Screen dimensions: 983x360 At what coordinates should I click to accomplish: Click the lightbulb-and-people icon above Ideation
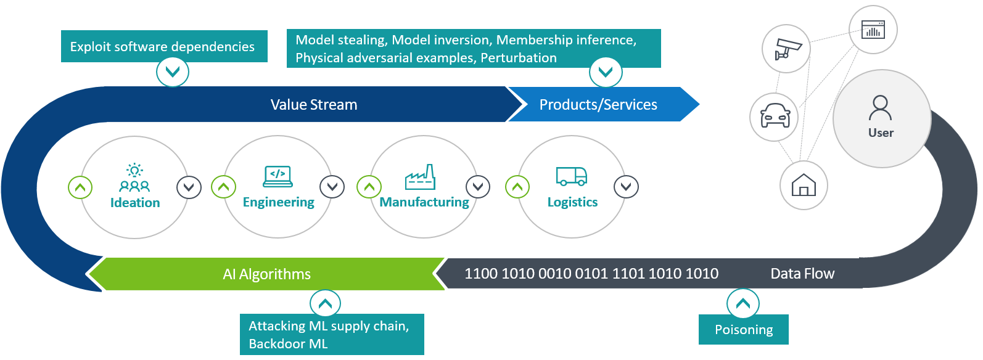134,178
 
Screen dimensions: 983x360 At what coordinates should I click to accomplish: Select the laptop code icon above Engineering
278,176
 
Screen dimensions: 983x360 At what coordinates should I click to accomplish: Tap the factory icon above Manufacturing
420,177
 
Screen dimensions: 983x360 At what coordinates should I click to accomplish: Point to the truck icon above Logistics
572,176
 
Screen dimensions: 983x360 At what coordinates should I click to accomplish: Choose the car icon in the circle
775,117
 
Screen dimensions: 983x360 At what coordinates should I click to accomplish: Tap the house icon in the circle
804,185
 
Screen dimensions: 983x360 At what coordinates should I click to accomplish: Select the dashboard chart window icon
873,30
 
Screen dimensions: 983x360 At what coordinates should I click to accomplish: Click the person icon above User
880,108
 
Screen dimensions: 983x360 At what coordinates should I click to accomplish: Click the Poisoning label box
744,330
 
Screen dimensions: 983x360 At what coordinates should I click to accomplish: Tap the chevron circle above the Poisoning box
743,304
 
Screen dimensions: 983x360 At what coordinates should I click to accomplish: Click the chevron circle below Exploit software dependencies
173,72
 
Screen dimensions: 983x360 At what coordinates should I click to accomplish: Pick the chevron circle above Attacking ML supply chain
325,303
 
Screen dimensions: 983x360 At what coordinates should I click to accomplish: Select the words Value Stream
314,105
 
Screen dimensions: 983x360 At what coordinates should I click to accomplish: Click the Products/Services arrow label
598,105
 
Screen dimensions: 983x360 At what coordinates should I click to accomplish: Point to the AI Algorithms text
267,274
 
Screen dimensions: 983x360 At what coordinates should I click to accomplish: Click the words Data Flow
802,274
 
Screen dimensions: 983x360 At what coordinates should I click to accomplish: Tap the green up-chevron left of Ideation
80,187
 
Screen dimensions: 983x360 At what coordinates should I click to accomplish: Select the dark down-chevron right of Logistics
626,187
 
